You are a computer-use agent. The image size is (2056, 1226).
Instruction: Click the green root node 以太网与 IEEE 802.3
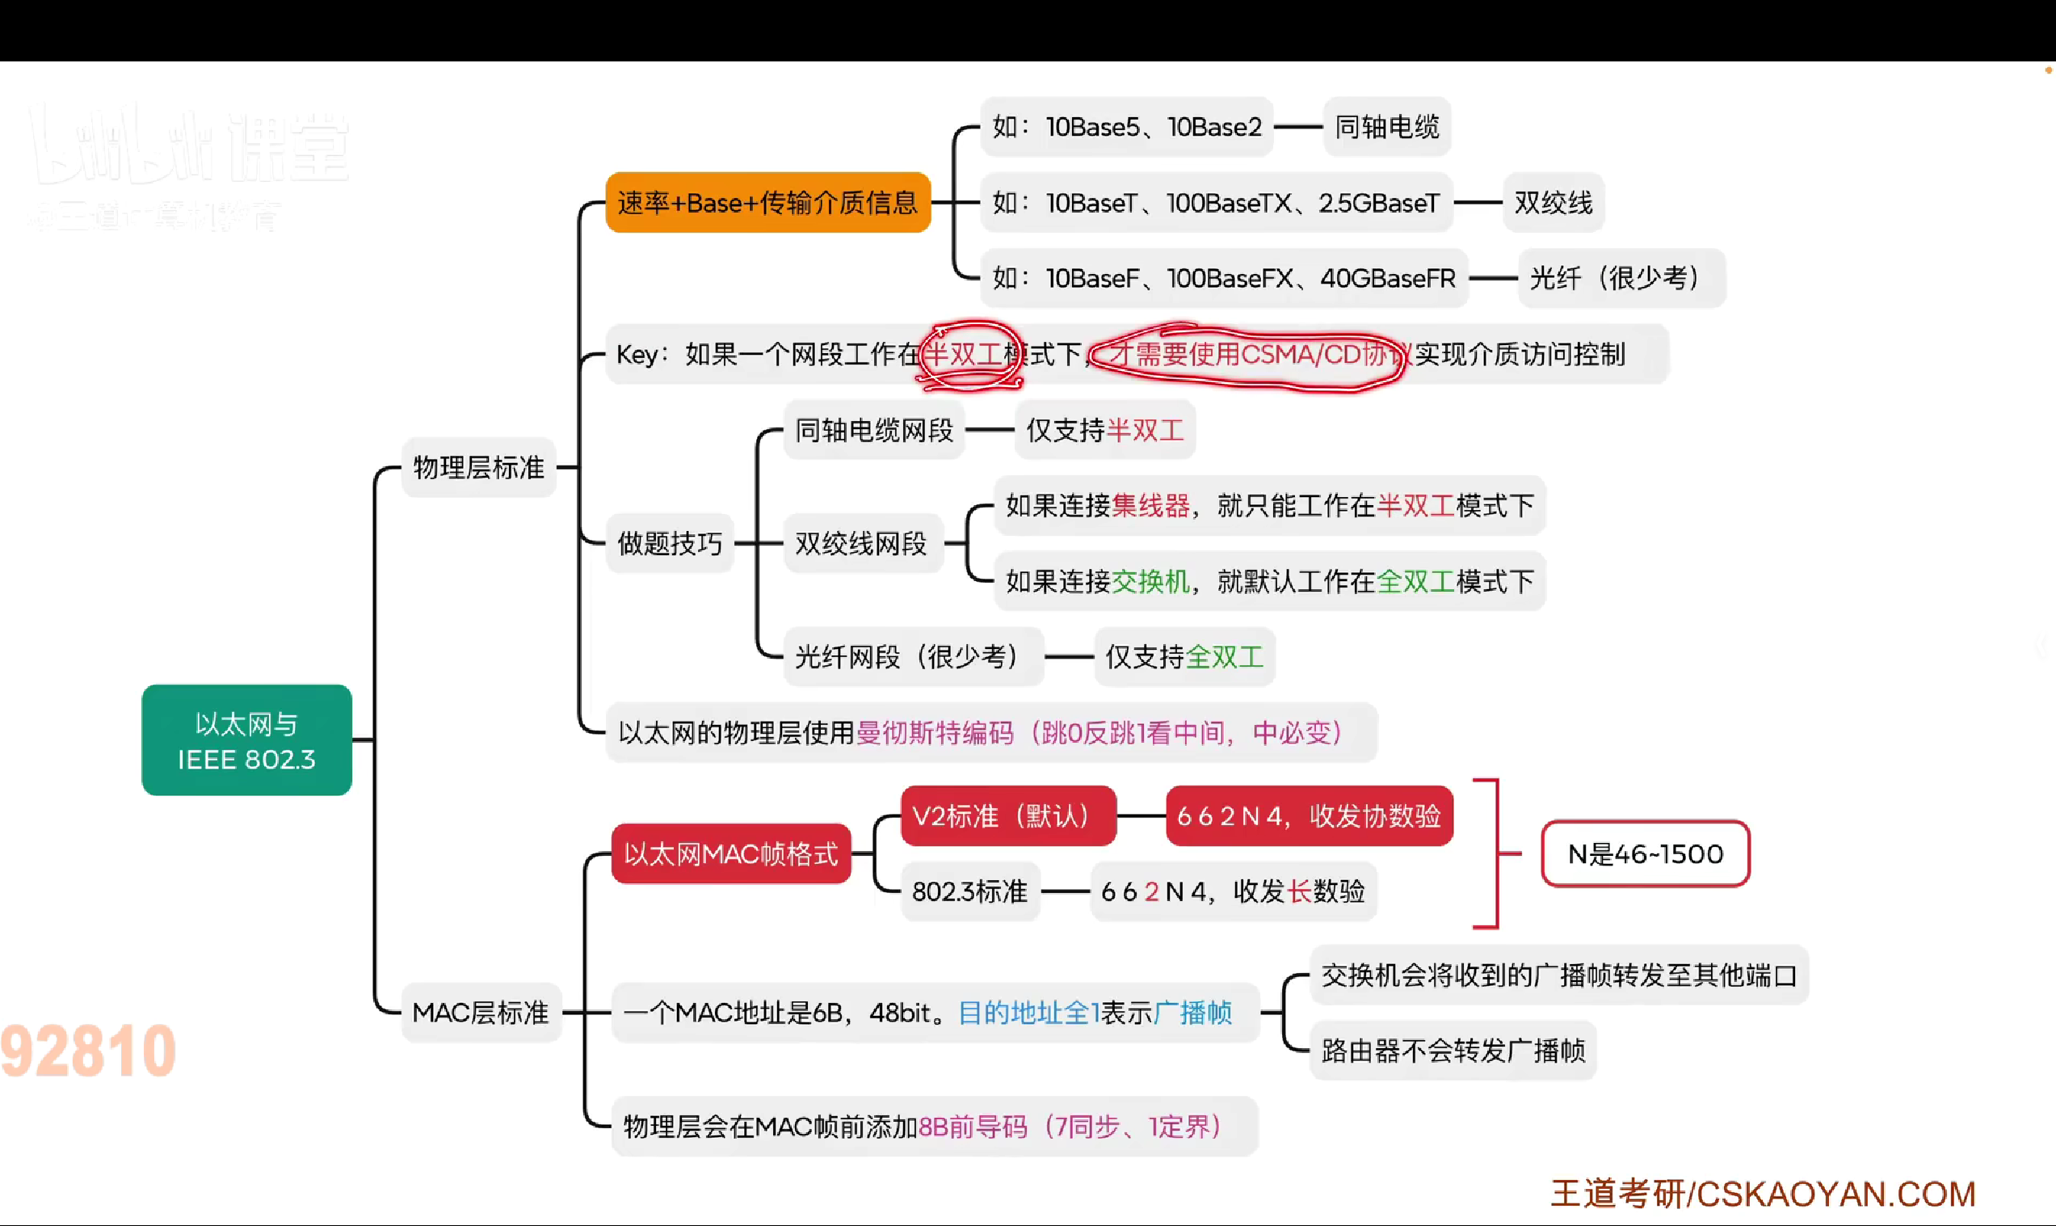point(246,740)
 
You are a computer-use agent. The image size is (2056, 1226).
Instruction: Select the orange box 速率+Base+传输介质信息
point(767,202)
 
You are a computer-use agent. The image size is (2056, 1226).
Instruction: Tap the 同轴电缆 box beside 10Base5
point(1386,127)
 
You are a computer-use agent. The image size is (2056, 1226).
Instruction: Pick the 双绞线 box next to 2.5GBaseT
point(1553,202)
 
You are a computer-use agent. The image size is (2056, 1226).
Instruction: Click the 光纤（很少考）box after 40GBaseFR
point(1620,278)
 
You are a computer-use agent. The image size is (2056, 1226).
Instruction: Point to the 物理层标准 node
point(478,468)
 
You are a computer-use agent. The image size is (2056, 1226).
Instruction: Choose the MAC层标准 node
point(480,1012)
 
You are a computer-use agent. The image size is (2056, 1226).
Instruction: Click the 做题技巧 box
point(670,544)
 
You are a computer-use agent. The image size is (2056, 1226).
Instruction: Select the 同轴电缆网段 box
point(873,431)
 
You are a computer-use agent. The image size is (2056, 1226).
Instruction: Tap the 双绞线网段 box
point(861,544)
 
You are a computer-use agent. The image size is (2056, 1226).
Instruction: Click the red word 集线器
point(1150,506)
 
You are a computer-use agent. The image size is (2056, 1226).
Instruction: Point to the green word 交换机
point(1150,582)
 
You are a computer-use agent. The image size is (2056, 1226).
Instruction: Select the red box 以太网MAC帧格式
point(731,853)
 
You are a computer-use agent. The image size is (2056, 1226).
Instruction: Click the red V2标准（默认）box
point(1007,816)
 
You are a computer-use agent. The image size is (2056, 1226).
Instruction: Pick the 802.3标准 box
point(969,891)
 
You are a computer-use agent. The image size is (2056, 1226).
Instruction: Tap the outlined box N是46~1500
point(1645,853)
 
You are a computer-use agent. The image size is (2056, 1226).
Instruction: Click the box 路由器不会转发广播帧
point(1453,1051)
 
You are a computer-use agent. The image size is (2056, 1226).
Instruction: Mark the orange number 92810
point(88,1051)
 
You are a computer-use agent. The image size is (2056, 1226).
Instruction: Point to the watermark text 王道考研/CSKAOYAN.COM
point(1763,1194)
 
